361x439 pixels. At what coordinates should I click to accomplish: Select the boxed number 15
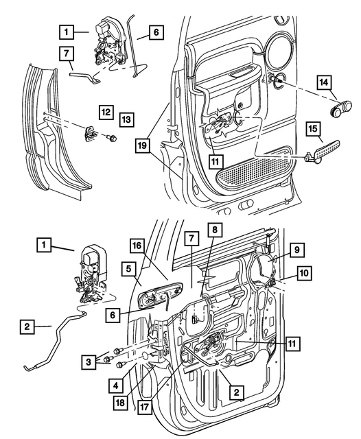pos(313,130)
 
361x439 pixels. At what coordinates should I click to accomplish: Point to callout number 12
pos(105,110)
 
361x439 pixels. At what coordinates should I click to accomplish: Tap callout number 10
pos(302,274)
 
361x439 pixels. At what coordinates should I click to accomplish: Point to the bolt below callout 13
pos(111,139)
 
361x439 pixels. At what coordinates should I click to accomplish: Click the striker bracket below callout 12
pos(91,134)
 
